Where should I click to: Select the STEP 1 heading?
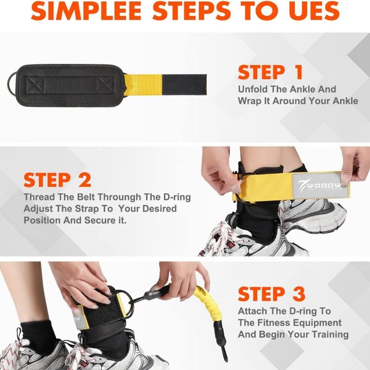(270, 71)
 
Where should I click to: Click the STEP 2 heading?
(57, 179)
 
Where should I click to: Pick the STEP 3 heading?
(270, 294)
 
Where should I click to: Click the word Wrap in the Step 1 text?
(251, 101)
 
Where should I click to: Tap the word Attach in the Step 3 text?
(254, 311)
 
